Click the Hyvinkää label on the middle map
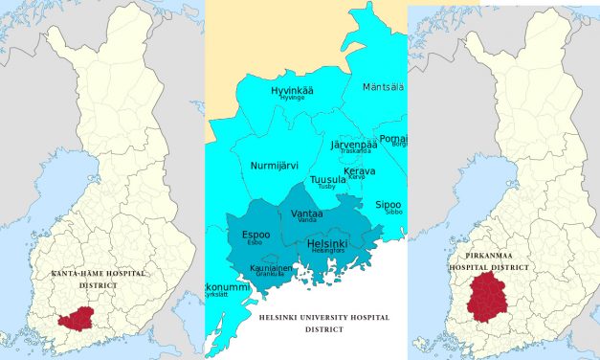point(292,90)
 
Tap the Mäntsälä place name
point(383,87)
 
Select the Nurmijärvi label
point(275,166)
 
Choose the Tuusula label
point(328,179)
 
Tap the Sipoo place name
point(388,204)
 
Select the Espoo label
point(256,234)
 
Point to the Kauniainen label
point(271,268)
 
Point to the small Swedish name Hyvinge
point(292,98)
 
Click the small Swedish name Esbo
point(255,242)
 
